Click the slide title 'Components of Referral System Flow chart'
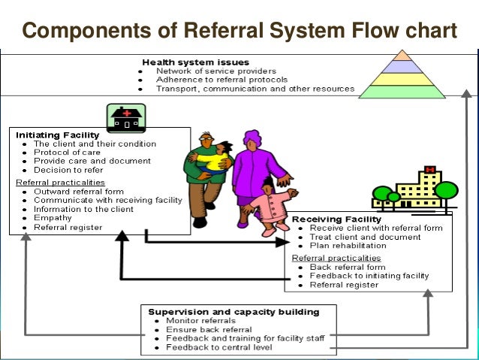239,30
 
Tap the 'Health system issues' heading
195,62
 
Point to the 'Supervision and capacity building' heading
233,311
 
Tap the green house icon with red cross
126,118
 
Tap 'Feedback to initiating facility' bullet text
369,276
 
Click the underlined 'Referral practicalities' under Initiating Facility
60,182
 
